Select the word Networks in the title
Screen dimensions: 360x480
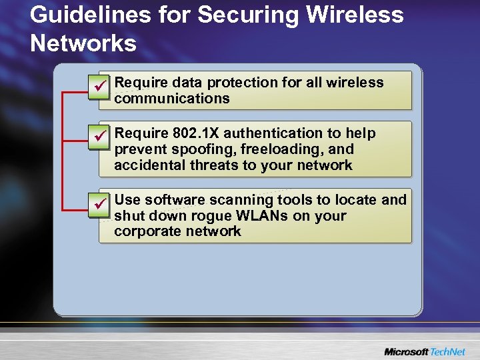pyautogui.click(x=83, y=44)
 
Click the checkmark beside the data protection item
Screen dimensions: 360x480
pyautogui.click(x=99, y=85)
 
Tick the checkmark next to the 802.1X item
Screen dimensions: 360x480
pyautogui.click(x=99, y=135)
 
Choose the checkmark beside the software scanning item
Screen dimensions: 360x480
pyautogui.click(x=99, y=202)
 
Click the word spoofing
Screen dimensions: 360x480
pyautogui.click(x=193, y=149)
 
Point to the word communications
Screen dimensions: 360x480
pyautogui.click(x=172, y=99)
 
